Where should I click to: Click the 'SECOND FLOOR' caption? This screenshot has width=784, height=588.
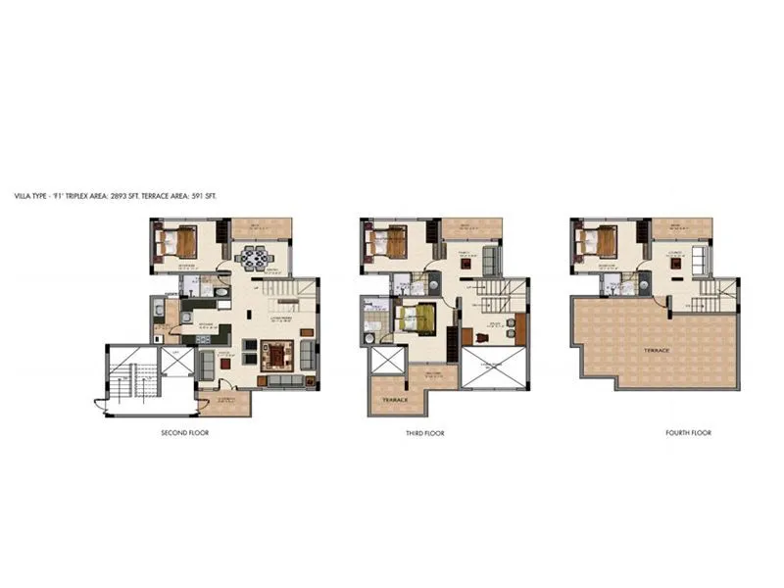click(185, 432)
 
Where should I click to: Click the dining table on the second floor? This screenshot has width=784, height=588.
click(254, 260)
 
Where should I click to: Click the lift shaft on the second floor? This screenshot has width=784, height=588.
click(177, 361)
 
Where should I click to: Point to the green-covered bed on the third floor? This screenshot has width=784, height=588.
click(415, 319)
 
